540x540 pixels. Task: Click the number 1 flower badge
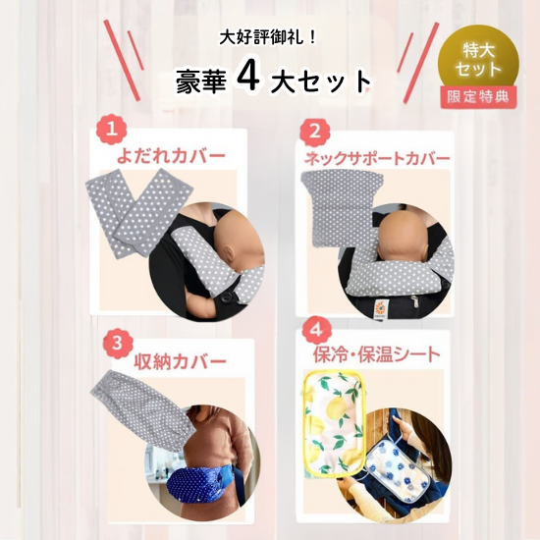111,131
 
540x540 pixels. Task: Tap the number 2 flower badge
315,132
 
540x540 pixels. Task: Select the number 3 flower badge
118,344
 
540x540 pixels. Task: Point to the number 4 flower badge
317,331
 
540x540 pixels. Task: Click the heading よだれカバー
171,156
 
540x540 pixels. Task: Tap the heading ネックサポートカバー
377,158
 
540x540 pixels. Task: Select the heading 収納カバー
180,361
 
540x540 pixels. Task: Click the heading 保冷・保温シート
377,354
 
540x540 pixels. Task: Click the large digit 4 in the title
248,78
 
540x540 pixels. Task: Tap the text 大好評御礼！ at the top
268,38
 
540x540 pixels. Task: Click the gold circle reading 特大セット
478,59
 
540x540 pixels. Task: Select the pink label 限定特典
478,97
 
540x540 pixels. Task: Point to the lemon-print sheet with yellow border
332,424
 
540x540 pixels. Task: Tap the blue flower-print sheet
400,463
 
